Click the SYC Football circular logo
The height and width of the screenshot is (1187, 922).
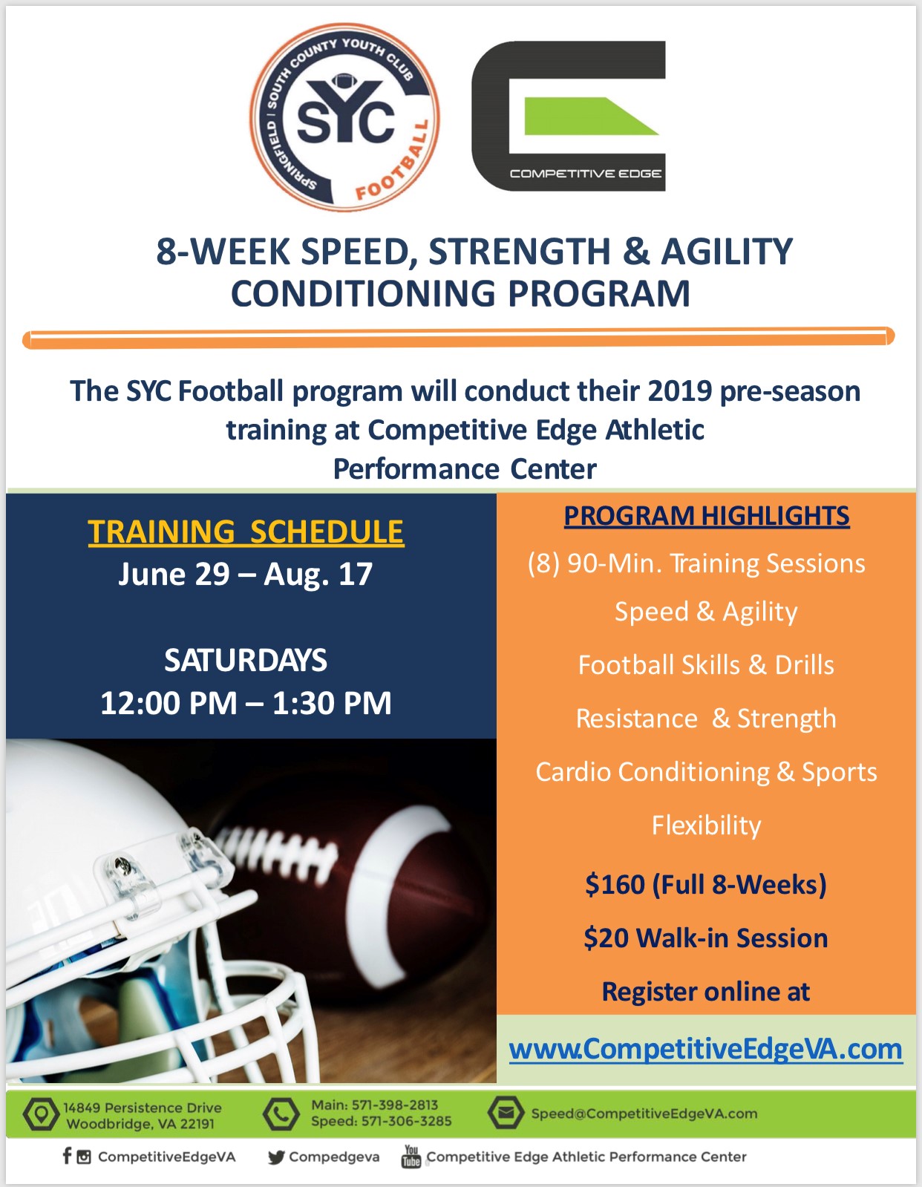(344, 117)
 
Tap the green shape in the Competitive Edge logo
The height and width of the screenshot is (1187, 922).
(591, 116)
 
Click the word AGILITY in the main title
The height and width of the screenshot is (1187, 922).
(727, 251)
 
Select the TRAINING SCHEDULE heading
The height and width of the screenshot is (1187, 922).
(246, 532)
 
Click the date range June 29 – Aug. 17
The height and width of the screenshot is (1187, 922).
(246, 574)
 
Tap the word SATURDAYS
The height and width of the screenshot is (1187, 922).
(246, 660)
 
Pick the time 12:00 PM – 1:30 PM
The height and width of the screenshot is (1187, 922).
(246, 702)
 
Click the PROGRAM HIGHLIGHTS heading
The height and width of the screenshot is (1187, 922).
(707, 516)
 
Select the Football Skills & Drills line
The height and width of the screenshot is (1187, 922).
(706, 665)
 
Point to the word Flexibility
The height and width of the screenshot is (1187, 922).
(706, 825)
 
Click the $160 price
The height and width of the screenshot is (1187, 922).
(615, 884)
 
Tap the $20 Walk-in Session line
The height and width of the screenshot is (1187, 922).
(706, 938)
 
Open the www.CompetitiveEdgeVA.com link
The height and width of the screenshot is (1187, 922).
(706, 1050)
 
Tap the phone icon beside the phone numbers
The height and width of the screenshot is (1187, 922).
(281, 1114)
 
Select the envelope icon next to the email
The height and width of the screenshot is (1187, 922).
(506, 1113)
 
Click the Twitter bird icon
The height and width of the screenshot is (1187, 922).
(276, 1157)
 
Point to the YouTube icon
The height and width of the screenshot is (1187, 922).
(411, 1156)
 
